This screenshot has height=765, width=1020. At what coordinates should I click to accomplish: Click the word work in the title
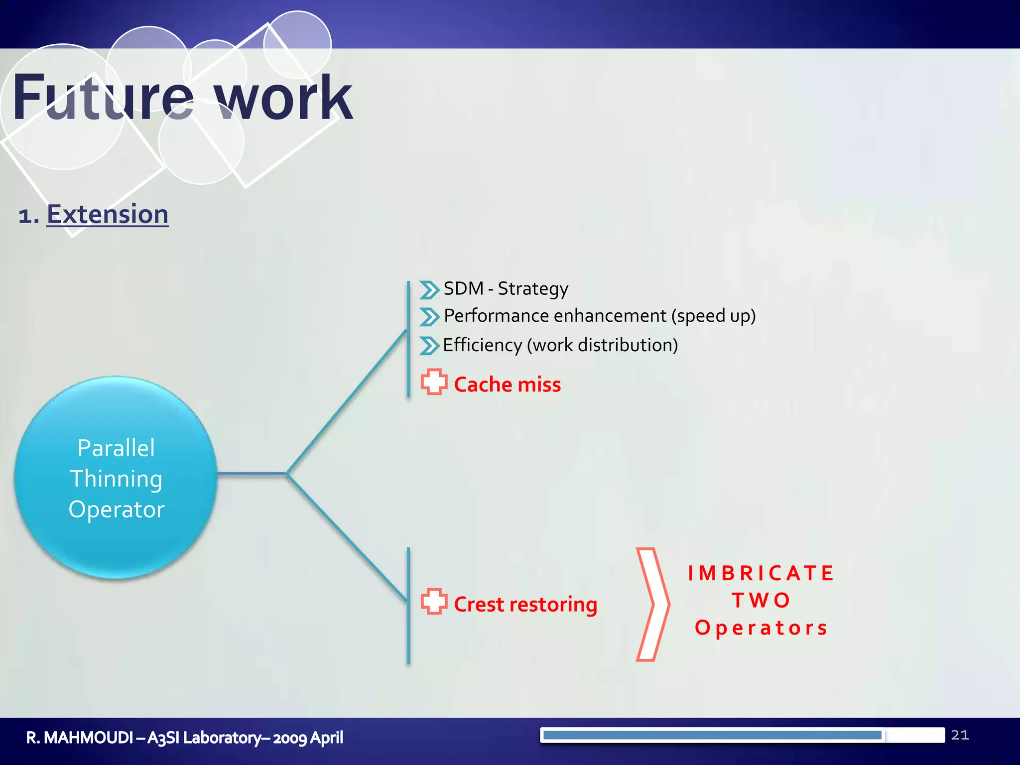tap(284, 98)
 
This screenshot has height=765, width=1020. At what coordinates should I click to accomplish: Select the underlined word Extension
tap(108, 215)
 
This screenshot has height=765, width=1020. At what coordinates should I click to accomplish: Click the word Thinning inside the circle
tap(116, 479)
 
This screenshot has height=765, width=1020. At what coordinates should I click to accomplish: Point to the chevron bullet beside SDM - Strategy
tap(429, 289)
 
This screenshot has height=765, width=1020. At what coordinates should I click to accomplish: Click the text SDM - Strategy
tap(506, 288)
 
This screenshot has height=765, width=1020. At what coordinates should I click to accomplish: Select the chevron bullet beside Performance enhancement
tap(429, 316)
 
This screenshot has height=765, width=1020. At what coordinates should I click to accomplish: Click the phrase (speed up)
tap(713, 316)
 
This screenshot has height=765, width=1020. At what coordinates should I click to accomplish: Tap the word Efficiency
tap(482, 345)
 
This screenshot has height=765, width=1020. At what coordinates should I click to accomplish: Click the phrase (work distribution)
tap(602, 345)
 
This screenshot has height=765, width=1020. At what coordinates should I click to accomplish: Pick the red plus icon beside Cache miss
tap(434, 382)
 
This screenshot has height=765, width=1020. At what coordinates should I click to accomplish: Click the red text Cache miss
tap(507, 384)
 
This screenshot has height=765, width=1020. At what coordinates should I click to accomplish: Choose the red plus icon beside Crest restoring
tap(434, 601)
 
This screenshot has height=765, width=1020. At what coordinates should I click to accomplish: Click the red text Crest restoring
tap(525, 604)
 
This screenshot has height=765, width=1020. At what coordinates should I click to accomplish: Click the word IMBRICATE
tap(761, 573)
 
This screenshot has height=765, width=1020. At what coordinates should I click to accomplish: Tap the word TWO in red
tap(761, 600)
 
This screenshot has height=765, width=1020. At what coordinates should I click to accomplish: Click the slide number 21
tap(959, 735)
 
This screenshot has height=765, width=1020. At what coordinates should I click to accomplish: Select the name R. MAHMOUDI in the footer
tap(80, 738)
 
